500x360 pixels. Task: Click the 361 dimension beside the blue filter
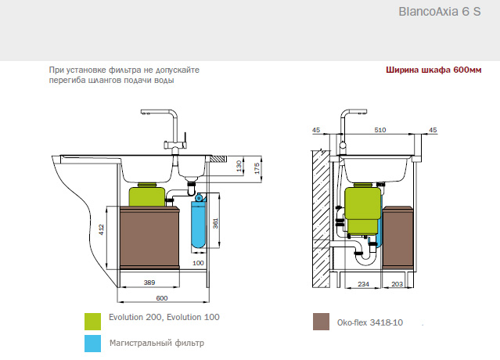(x=217, y=225)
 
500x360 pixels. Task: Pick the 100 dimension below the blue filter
(x=198, y=264)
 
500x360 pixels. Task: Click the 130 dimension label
(x=239, y=167)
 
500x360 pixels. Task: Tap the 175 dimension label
(x=257, y=167)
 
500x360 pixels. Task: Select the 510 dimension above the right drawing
(x=379, y=130)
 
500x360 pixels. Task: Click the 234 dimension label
(x=364, y=283)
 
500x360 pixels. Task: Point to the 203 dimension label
(x=397, y=283)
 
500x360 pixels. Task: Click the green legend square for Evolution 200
(x=94, y=319)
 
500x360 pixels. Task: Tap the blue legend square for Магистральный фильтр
(x=94, y=343)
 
